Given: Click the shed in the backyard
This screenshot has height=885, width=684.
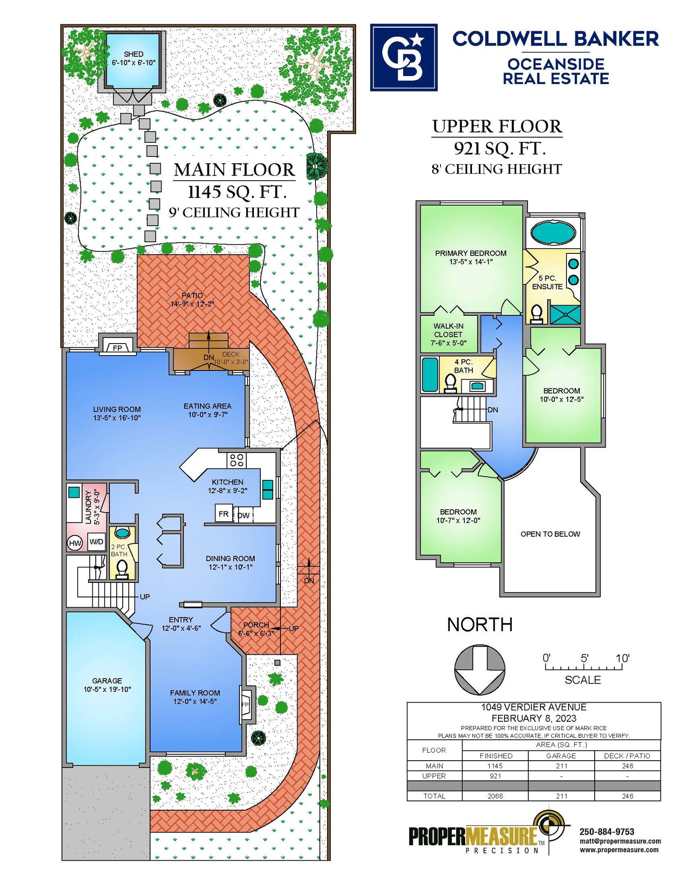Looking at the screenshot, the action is pos(132,61).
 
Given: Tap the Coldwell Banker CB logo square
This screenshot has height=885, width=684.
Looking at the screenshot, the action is pos(404,57).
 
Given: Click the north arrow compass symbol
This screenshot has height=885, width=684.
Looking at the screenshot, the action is pos(479,670).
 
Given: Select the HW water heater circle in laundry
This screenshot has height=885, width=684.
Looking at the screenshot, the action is pos(75,543).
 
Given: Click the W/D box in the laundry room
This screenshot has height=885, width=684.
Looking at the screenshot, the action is pos(96,542).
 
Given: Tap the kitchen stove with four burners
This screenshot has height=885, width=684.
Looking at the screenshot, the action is pos(236,460).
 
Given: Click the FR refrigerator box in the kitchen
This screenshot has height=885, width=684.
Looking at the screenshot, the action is pos(224,514).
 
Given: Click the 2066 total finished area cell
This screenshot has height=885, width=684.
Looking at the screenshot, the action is pos(495,796).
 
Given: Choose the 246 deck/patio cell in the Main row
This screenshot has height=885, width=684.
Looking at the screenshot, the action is pos(628,766).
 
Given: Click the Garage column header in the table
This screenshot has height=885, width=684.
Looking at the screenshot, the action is pos(561,756).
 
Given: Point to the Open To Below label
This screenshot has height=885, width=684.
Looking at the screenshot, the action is pos(550,534).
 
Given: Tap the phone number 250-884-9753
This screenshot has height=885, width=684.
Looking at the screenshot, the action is pos(607,832).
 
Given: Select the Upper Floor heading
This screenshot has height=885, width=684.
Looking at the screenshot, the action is pos(497,126).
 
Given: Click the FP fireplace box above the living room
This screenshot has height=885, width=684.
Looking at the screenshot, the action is pos(118,348).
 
